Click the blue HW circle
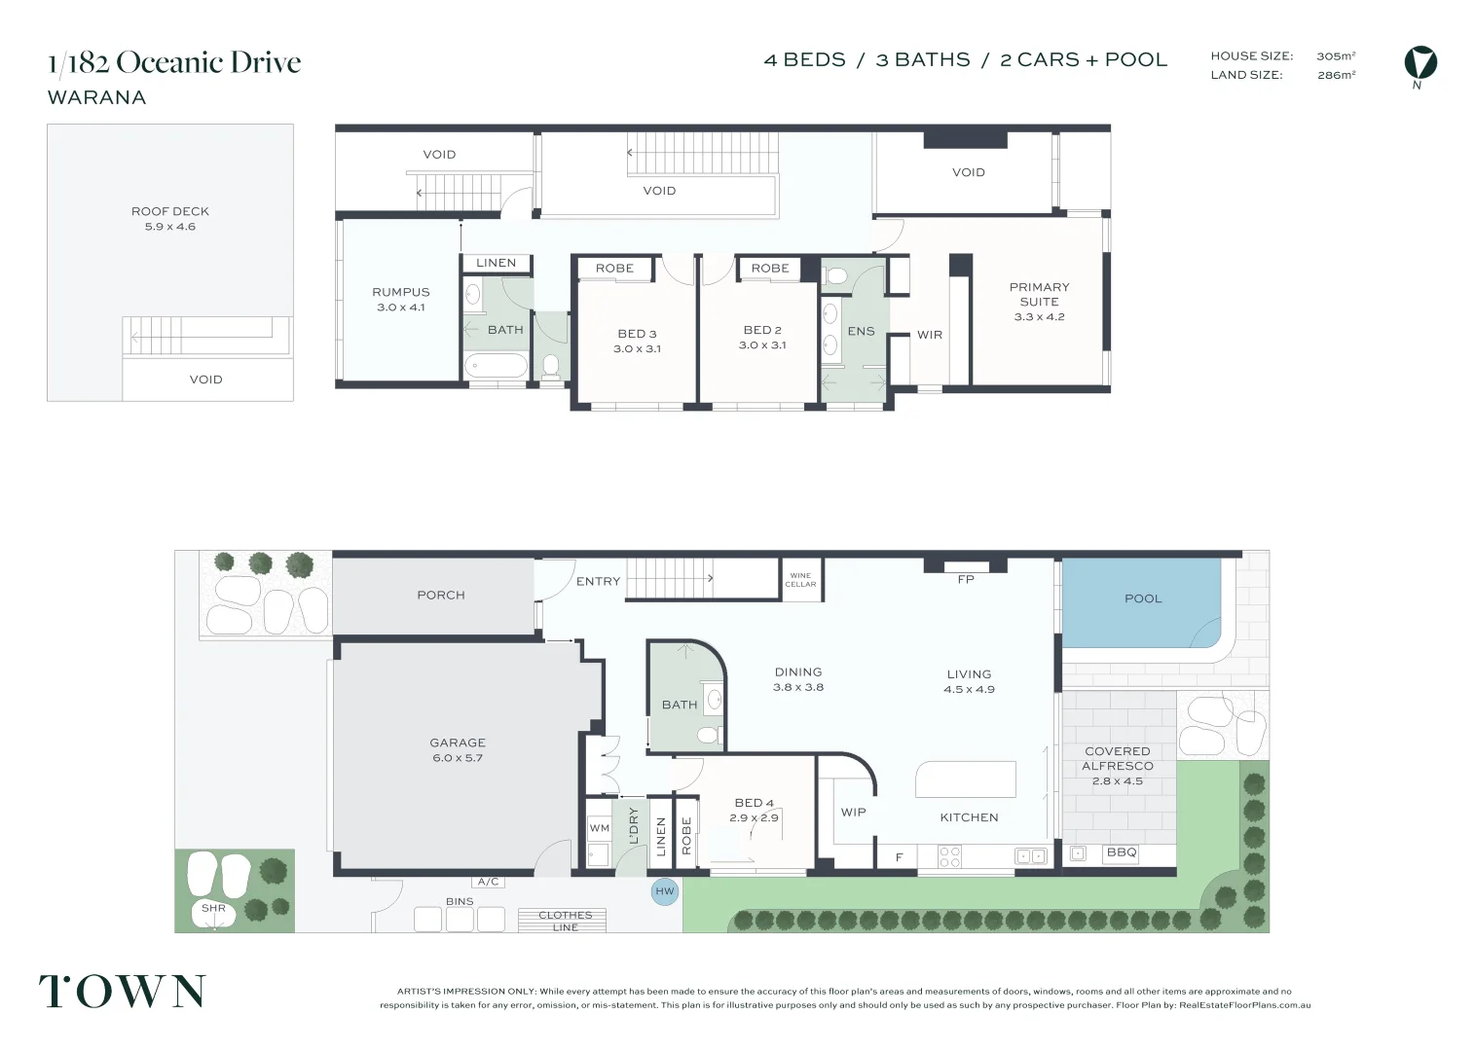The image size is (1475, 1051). [664, 891]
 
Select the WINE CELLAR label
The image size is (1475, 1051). [800, 580]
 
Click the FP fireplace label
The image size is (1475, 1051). [966, 579]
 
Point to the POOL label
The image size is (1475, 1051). [1143, 598]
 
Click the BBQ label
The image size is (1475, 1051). [1122, 852]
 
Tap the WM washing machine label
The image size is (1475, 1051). [599, 828]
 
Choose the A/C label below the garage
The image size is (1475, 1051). [488, 882]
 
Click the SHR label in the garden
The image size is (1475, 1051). [213, 908]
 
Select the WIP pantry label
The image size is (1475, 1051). [853, 813]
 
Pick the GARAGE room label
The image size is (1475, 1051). [458, 743]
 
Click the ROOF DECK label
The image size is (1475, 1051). [169, 211]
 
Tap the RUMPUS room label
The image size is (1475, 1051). [400, 292]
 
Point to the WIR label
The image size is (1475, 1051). [929, 335]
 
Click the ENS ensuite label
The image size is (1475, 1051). [861, 331]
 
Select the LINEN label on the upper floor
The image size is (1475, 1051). [496, 263]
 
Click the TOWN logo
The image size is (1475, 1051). [123, 991]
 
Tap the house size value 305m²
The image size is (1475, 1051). [1336, 55]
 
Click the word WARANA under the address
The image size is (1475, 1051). [96, 97]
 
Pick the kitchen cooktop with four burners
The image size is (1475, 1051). [949, 856]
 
